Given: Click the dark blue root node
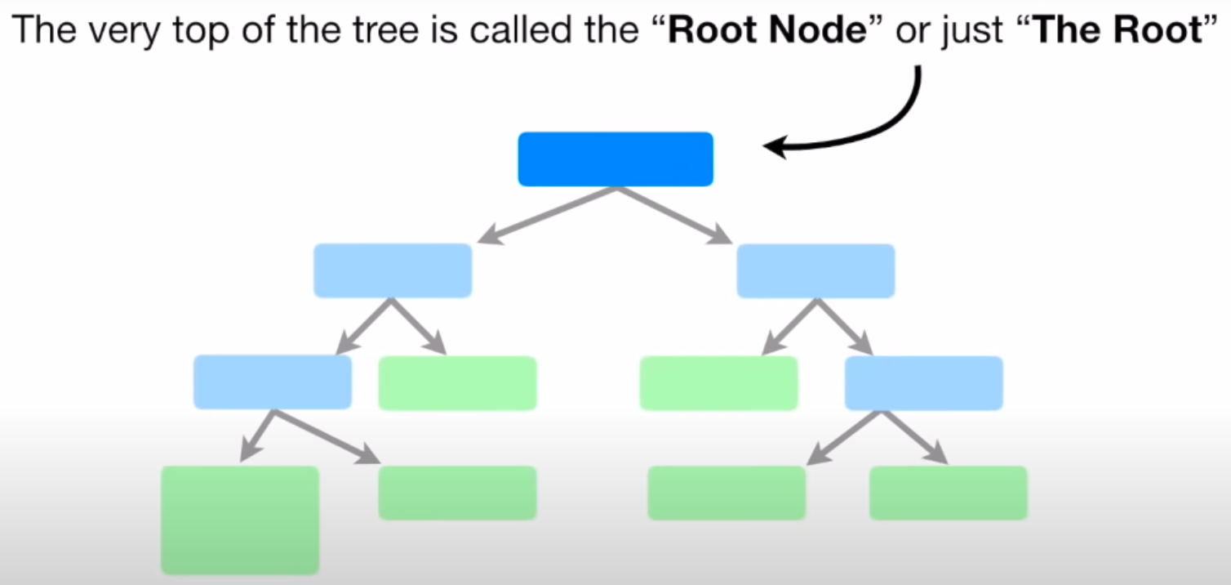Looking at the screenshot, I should tap(615, 159).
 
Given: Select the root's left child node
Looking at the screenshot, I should tap(393, 270).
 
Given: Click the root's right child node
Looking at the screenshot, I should tap(815, 270).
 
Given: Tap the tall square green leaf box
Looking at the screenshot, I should tap(239, 520).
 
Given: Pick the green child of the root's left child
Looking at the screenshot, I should tap(457, 382).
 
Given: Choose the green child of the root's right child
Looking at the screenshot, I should tap(718, 382).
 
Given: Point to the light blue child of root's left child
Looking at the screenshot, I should tap(273, 382).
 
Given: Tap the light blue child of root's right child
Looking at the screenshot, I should tap(923, 382).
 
